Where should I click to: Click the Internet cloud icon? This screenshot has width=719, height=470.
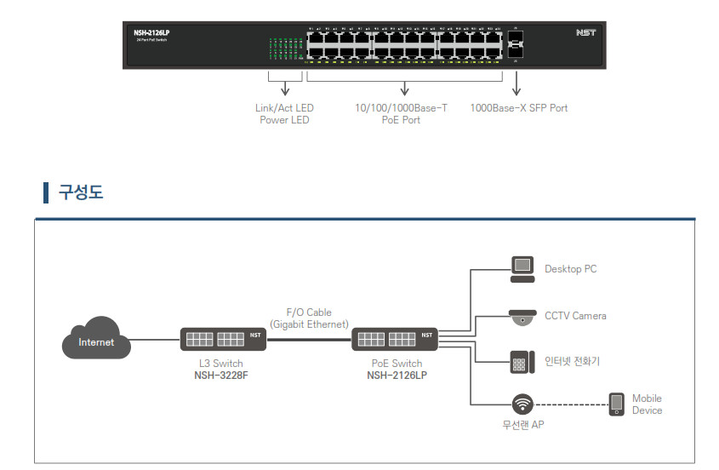click(96, 340)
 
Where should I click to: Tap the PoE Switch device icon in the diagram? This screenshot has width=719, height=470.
click(394, 339)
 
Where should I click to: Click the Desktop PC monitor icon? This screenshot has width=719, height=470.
click(522, 268)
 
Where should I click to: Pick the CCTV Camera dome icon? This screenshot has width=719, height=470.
click(521, 316)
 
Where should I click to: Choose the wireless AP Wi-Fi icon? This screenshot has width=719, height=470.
click(522, 404)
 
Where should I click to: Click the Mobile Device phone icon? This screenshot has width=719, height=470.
click(617, 404)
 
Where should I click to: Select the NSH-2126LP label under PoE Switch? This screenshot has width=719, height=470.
click(397, 375)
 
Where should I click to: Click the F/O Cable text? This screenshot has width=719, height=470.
click(309, 312)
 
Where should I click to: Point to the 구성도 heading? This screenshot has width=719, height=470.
click(80, 192)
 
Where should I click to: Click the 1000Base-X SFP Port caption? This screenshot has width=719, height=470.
click(519, 108)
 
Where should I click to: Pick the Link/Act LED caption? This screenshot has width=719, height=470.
click(284, 108)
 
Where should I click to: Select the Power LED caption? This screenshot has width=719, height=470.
click(284, 120)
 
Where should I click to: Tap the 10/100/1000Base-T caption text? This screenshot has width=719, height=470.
click(401, 108)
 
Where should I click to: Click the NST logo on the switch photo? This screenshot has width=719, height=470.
click(585, 33)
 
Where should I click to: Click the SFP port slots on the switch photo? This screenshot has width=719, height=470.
click(516, 44)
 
